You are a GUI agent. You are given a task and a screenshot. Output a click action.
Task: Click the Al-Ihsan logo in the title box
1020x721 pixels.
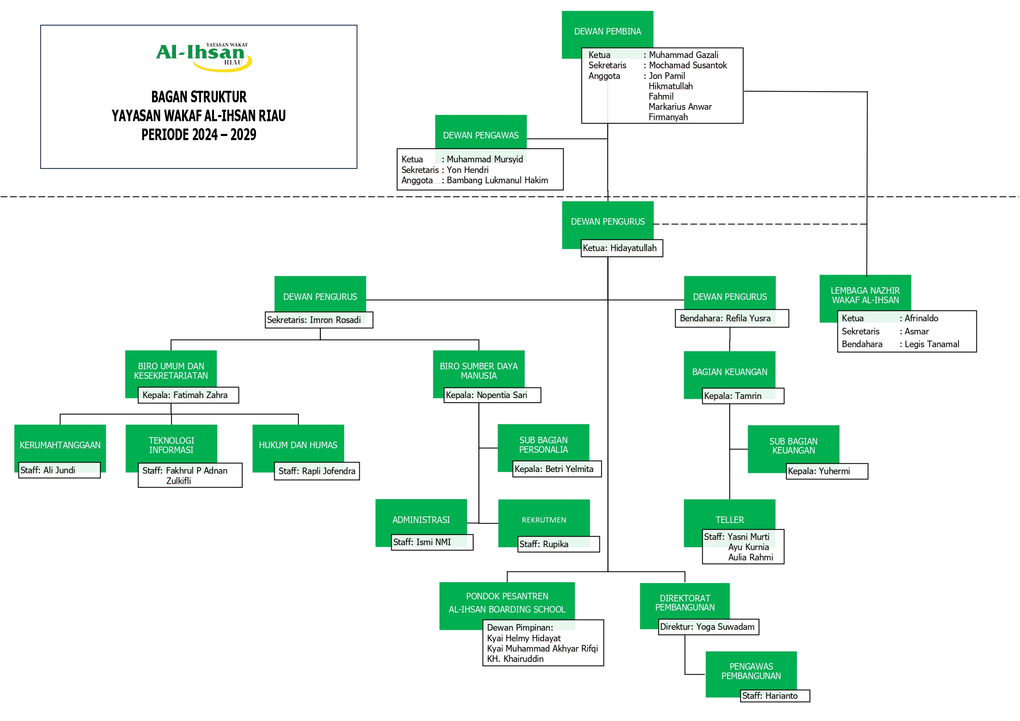[204, 56]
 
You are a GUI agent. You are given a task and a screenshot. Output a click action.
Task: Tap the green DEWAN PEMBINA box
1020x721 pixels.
[607, 31]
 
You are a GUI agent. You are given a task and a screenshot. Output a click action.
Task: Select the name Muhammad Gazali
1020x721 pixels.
[683, 55]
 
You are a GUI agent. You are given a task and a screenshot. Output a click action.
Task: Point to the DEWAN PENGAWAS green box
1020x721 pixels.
[481, 135]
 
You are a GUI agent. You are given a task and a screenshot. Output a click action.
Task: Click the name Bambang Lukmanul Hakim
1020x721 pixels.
[497, 180]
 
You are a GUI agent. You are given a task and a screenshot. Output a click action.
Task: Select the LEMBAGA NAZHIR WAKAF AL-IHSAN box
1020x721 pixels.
[865, 295]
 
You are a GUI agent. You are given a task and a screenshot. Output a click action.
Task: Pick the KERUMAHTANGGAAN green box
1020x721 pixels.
[60, 445]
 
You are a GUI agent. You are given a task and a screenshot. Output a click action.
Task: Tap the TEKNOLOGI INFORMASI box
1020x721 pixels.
[171, 445]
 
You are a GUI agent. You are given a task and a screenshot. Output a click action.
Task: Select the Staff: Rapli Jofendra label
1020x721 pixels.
[317, 471]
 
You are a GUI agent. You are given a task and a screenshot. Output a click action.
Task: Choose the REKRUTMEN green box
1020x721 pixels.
[544, 520]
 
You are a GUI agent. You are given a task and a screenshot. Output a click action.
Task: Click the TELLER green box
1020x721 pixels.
[729, 519]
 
